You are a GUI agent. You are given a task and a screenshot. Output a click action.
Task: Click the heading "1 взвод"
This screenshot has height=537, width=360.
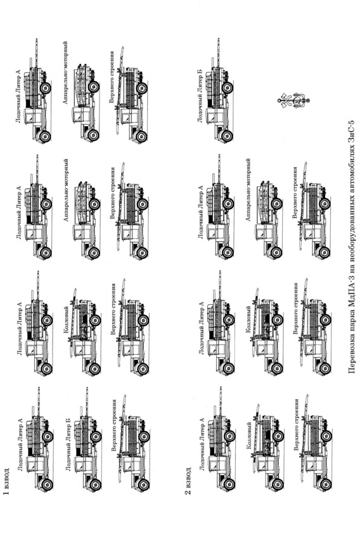[6, 481]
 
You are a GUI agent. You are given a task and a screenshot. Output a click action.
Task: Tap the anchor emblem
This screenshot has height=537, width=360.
[293, 100]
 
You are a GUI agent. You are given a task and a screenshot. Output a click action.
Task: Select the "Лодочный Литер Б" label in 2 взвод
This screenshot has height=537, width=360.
[200, 96]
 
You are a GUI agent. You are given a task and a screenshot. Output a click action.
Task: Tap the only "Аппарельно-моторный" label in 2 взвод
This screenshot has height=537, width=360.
[248, 190]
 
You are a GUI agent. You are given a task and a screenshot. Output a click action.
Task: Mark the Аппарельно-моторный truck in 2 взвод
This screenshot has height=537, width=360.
[269, 219]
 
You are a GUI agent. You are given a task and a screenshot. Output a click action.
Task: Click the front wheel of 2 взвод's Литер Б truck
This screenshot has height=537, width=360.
[227, 136]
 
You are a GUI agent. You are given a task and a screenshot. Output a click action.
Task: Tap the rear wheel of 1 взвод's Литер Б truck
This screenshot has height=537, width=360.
[96, 437]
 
